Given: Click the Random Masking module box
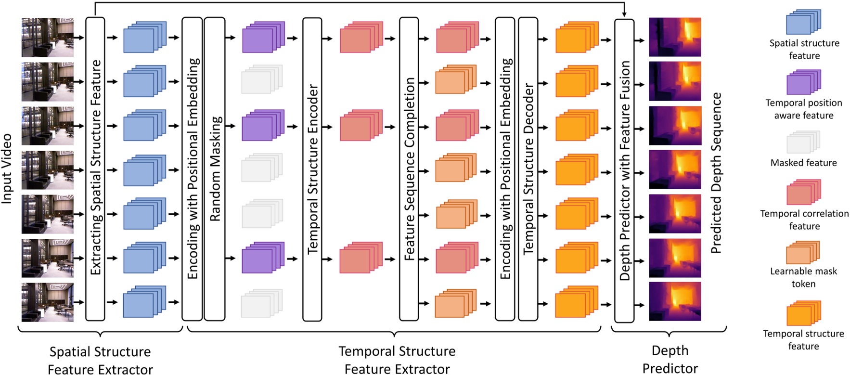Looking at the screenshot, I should pos(215,168).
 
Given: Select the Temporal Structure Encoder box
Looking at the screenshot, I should pos(312,168).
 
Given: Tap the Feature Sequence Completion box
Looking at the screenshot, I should pos(409,168).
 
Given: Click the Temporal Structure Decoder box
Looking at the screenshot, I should pos(528,168).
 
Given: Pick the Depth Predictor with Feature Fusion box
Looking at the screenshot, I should pos(624,171).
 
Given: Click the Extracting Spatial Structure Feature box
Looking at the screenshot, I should pos(95,168).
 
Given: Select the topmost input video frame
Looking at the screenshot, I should pos(48,38).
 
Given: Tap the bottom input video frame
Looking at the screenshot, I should pos(48,302).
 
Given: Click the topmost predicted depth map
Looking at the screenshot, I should pos(675,38).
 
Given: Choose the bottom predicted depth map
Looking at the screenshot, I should pos(675,302).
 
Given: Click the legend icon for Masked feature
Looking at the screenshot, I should pos(803,143).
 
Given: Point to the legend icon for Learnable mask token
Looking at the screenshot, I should pos(803,252).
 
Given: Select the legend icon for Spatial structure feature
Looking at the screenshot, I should pos(803,23).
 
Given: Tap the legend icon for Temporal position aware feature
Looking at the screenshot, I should pos(803,83).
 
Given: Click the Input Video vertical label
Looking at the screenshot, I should pos(7,168).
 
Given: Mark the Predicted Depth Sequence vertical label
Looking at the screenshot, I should pos(716,173).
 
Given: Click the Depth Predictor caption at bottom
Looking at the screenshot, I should pos(670,359).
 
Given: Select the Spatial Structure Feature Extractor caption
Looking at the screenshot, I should pos(100,360).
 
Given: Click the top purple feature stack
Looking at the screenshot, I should pos(262,38).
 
